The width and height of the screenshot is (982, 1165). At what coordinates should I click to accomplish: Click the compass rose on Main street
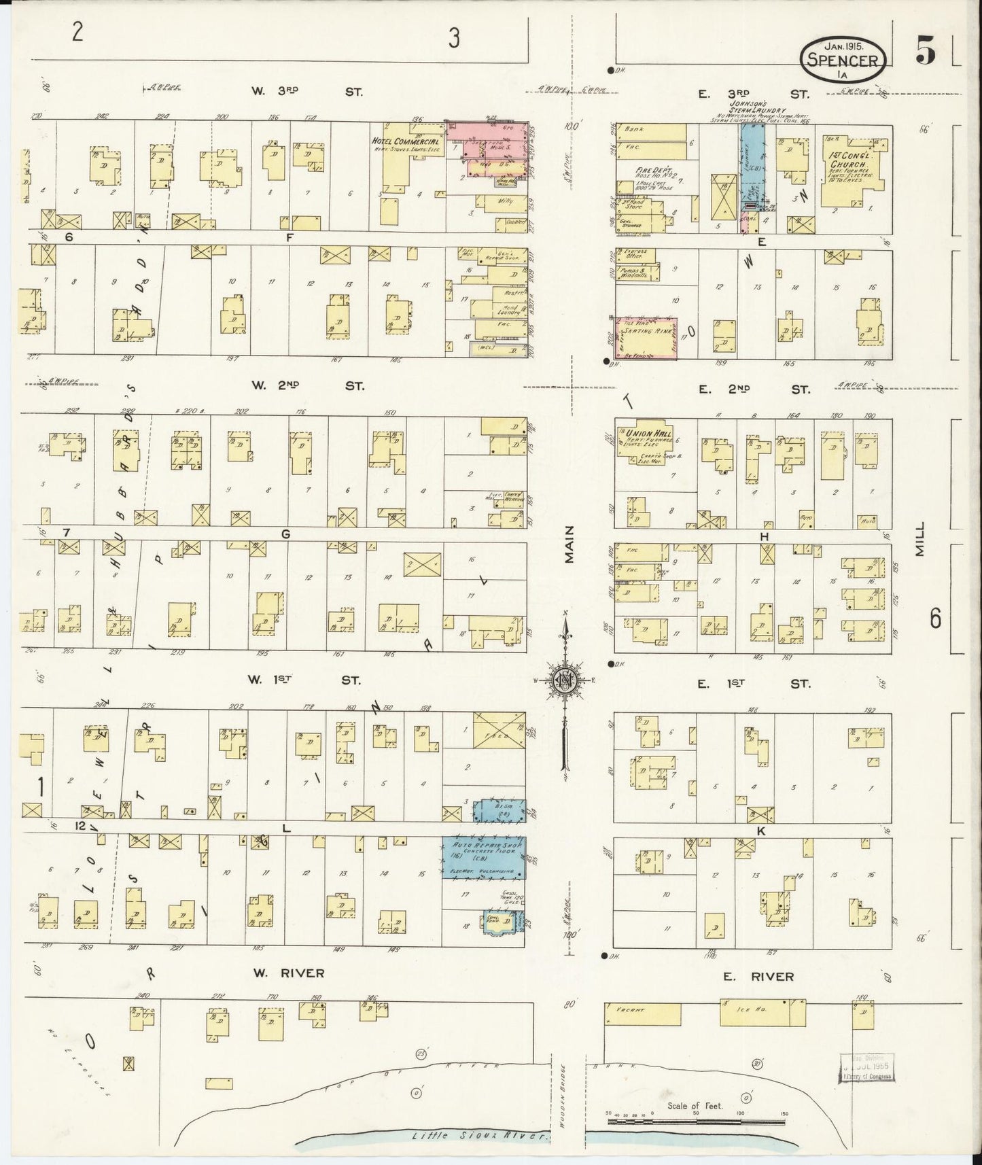(563, 682)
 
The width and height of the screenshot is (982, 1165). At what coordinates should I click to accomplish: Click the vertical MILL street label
(920, 544)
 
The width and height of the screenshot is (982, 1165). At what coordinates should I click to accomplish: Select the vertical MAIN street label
(567, 544)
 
